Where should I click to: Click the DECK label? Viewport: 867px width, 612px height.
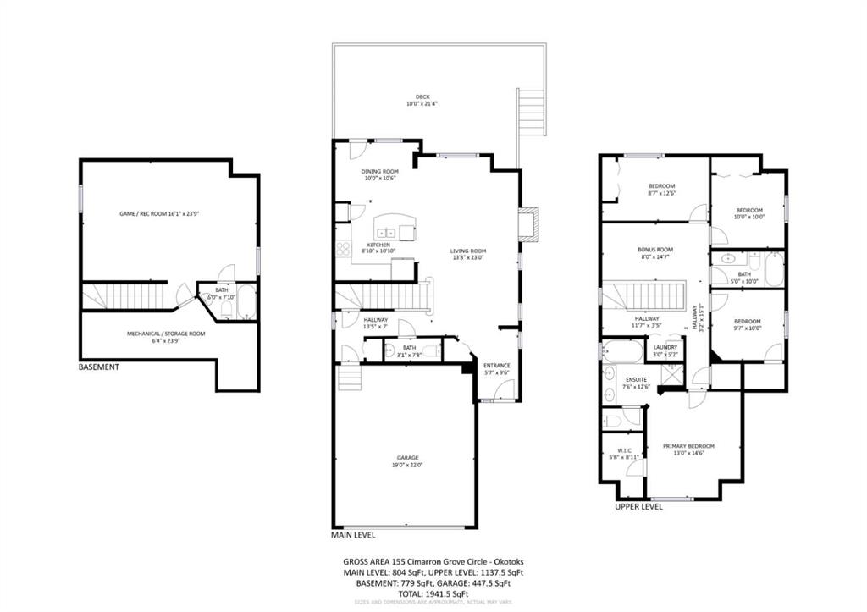point(423,96)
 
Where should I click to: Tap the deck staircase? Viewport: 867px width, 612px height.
point(529,111)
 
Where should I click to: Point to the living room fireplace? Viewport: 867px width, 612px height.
point(528,224)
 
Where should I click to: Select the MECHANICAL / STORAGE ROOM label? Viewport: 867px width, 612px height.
point(166,334)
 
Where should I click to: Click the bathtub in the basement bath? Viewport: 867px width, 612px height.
point(246,302)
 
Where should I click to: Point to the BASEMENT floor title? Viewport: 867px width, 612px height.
point(98,367)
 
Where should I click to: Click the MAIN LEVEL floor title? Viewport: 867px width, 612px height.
point(352,535)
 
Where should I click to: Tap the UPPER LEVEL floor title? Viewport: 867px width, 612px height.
point(638,507)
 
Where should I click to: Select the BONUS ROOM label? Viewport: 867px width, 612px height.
point(654,250)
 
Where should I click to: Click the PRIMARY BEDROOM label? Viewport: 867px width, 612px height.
point(688,446)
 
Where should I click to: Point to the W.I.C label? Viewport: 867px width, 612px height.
point(625,449)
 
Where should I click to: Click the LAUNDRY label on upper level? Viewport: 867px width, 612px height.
point(665,347)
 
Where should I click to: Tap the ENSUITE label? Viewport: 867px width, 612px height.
point(636,379)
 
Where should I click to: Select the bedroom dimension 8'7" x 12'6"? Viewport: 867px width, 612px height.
point(662,194)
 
